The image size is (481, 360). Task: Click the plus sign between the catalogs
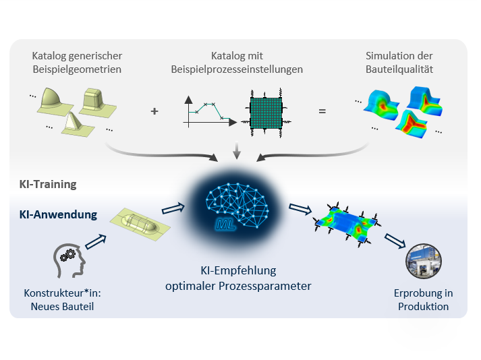154,111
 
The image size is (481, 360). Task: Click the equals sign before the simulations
322,111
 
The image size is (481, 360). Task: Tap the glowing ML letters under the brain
225,224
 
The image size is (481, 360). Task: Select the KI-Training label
48,184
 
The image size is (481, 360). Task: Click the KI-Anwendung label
58,214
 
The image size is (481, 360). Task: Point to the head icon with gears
69,261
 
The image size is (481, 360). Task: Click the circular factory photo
424,261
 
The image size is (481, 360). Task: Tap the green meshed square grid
266,113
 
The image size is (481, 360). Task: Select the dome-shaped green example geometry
55,102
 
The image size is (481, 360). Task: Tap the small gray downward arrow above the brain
237,150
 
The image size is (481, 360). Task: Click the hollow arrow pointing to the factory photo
395,241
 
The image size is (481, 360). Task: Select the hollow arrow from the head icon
96,241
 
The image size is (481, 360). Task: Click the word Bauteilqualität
399,69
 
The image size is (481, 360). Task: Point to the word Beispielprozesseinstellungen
237,69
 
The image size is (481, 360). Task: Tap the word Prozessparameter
264,286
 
